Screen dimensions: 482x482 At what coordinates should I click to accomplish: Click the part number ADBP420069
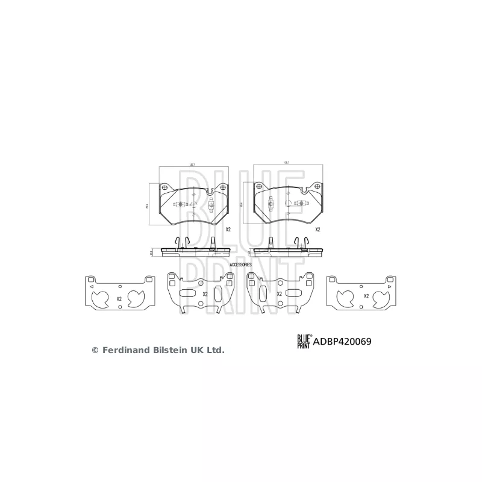(342, 341)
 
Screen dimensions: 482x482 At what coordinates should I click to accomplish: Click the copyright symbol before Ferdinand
(94, 349)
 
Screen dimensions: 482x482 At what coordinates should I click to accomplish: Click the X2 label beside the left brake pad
(228, 230)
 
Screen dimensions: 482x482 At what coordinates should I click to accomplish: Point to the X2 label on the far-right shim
(366, 296)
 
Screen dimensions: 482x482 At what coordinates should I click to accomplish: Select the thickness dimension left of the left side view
(151, 254)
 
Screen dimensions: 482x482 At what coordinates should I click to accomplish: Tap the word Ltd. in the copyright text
(216, 349)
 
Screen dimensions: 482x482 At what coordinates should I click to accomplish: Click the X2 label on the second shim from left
(205, 294)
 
